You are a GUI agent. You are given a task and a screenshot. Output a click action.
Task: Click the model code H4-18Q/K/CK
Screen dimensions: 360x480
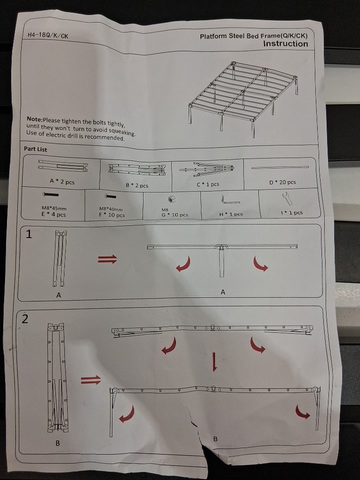coord(48,35)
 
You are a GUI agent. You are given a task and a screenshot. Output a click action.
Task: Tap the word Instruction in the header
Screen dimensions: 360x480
coord(285,44)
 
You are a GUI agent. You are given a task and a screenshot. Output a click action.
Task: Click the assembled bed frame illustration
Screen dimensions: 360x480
coord(243,98)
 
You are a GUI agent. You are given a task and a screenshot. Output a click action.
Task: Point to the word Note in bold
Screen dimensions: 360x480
coord(34,119)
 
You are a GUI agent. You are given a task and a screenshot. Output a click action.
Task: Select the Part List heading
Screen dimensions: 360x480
coord(35,149)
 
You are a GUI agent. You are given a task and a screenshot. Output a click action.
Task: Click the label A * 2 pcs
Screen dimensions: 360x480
coord(62,181)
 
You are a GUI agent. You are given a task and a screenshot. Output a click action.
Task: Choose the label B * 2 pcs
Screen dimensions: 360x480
coord(137,185)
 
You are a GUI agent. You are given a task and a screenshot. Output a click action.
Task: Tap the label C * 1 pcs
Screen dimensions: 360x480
coord(208,184)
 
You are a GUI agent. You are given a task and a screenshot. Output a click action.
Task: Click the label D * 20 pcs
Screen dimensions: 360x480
coord(282,182)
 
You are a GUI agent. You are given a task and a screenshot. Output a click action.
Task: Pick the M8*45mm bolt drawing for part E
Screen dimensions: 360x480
coord(50,194)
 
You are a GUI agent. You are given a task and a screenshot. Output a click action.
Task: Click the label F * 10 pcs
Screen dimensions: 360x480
coord(111,215)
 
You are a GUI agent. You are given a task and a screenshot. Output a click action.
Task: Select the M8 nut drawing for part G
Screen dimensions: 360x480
coord(169,199)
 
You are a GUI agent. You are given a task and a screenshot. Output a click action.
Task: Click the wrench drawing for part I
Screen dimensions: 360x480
coord(287,198)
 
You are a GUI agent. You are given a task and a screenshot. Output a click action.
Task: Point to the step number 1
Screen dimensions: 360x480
coord(28,234)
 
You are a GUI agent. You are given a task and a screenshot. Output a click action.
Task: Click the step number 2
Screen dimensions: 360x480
coord(25,319)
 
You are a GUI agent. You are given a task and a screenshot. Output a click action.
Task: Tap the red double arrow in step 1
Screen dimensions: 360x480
coord(107,259)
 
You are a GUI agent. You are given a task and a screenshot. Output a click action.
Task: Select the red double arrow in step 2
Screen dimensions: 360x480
coord(91,380)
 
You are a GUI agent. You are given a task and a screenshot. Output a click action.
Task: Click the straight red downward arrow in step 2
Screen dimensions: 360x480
coord(214,362)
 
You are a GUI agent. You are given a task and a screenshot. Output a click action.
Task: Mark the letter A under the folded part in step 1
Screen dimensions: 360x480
coord(58,295)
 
